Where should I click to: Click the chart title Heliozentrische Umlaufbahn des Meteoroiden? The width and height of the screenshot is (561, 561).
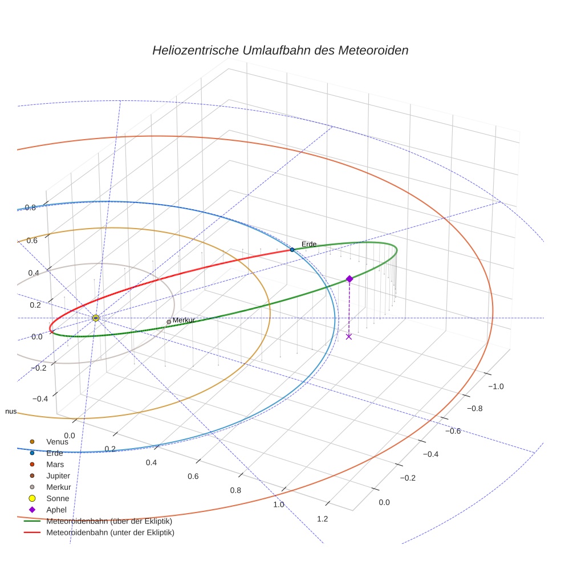280,50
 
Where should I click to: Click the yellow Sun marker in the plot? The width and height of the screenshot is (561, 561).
96,318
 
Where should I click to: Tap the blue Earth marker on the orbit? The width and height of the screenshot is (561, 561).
292,250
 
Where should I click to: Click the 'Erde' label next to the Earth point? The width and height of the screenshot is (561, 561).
308,244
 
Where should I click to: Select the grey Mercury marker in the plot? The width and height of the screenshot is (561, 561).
169,322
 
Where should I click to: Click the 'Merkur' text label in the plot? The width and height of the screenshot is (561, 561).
184,320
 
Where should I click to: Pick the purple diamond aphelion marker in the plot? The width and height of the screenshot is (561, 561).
349,279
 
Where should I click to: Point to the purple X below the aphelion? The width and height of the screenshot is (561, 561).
349,336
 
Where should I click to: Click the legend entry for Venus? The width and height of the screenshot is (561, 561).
57,441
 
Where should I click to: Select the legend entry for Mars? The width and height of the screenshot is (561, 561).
55,464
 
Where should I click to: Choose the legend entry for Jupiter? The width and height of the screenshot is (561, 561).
58,475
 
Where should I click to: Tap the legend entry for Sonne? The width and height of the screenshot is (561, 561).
58,498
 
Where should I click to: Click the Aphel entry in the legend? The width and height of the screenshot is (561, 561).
56,510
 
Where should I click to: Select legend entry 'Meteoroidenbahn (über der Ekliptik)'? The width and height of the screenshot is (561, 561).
109,521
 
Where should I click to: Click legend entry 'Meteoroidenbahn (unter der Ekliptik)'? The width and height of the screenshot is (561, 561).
110,532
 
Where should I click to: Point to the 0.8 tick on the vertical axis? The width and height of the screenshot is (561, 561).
30,208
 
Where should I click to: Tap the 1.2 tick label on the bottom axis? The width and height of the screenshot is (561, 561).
322,518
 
